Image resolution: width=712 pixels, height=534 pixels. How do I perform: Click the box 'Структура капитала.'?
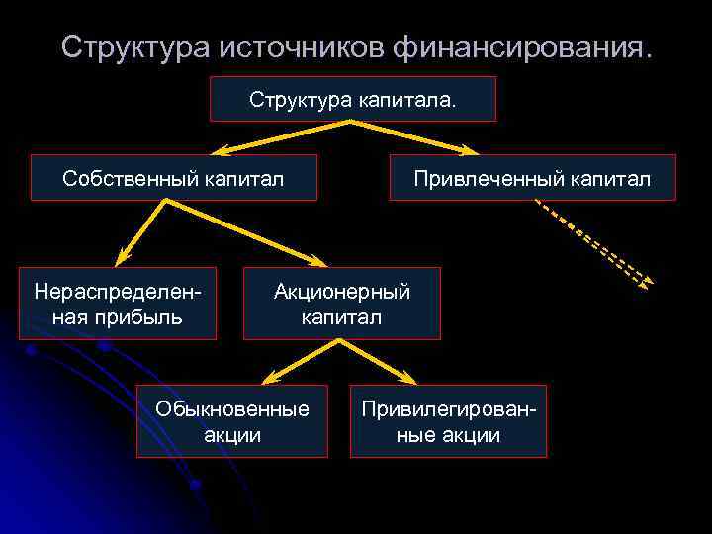353,99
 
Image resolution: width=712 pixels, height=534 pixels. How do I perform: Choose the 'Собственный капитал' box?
173,178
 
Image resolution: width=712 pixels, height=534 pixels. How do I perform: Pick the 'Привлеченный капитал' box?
532,178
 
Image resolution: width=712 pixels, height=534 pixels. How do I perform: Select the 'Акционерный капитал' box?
341,304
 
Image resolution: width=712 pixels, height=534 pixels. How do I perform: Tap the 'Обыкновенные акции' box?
231,421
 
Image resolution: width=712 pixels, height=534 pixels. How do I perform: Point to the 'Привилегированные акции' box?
448,421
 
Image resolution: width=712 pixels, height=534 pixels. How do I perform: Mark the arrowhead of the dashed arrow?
647,284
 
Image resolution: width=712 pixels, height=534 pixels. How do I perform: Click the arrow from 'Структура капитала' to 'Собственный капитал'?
282,137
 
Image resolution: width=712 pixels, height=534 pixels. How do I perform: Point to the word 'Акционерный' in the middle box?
341,291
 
